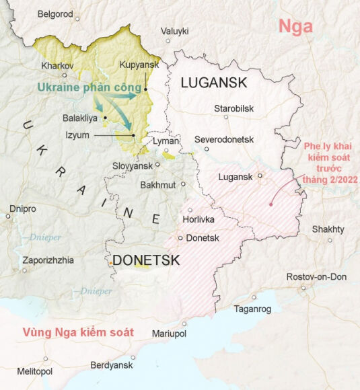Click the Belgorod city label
(55, 13)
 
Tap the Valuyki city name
(174, 31)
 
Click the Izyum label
(78, 135)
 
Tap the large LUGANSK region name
(213, 83)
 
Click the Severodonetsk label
(224, 139)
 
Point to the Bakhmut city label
(158, 185)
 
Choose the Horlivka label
(199, 219)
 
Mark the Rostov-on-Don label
(316, 277)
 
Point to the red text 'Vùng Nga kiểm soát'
(78, 332)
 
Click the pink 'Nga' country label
(296, 27)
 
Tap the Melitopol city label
(34, 371)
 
